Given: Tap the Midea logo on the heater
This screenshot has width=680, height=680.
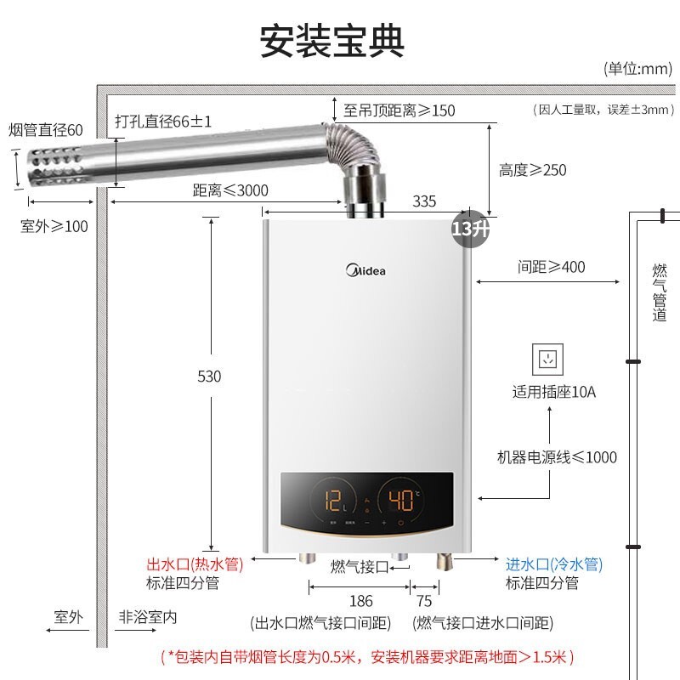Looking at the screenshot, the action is point(365,272).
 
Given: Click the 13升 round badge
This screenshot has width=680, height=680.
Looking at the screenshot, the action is point(471,229).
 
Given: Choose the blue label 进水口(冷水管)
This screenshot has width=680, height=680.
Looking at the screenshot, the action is point(553,564).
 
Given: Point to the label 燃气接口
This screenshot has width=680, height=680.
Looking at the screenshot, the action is point(359,567).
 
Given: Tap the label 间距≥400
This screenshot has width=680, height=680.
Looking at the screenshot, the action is point(552,267).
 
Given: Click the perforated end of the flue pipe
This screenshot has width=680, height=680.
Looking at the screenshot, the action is point(59,167).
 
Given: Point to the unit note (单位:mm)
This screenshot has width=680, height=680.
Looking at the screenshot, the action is point(637,69).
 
